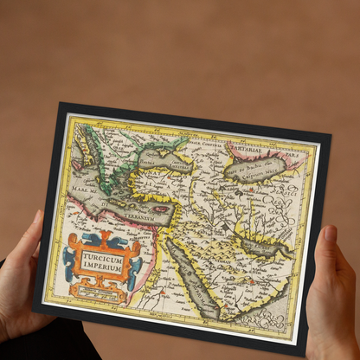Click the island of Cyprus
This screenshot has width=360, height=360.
(161, 209)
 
